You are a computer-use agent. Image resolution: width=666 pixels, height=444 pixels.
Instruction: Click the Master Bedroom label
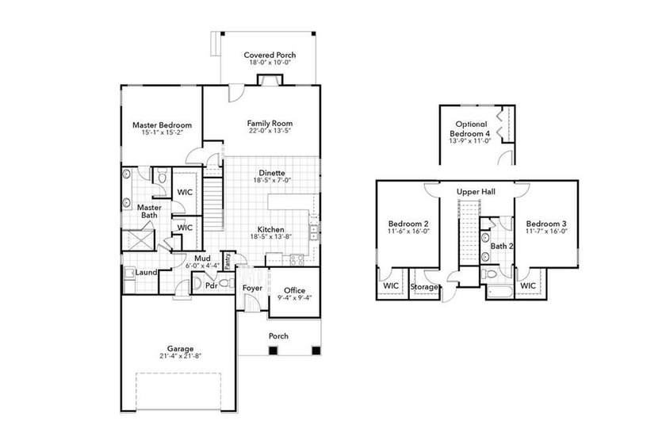tap(162, 125)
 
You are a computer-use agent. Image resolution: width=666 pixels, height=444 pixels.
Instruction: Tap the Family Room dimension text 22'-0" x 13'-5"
tap(270, 131)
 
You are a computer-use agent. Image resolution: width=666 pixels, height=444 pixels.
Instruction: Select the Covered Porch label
tap(270, 55)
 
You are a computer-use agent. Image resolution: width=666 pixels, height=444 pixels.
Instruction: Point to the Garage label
tap(180, 349)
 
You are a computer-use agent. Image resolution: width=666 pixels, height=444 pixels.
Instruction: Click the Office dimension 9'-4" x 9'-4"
tap(294, 298)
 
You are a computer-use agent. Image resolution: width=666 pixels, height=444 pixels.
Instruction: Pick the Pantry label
tap(228, 261)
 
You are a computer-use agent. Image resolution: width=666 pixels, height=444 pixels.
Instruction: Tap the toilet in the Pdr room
tap(226, 283)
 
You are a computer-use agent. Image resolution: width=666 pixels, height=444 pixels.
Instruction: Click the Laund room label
tap(146, 273)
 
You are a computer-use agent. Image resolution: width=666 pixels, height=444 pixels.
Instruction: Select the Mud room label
tap(203, 258)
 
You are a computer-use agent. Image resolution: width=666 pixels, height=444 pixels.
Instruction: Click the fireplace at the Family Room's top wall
tap(270, 80)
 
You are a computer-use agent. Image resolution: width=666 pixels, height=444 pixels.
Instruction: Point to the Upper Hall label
tap(476, 192)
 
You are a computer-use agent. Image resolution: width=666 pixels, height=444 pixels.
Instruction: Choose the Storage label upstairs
tap(424, 287)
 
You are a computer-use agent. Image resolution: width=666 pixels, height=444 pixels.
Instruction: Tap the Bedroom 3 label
tap(546, 224)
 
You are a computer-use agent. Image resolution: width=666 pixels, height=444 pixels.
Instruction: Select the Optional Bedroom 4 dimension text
tap(469, 140)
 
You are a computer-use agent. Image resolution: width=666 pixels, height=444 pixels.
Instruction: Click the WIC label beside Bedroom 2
tap(391, 286)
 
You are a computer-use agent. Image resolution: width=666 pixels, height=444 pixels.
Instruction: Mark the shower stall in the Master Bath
tap(139, 240)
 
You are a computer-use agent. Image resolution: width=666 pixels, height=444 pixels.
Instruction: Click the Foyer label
tap(252, 288)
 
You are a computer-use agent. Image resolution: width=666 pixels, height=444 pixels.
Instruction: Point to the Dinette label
tap(272, 173)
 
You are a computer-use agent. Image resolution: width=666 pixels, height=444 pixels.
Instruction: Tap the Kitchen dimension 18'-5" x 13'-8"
tap(270, 236)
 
